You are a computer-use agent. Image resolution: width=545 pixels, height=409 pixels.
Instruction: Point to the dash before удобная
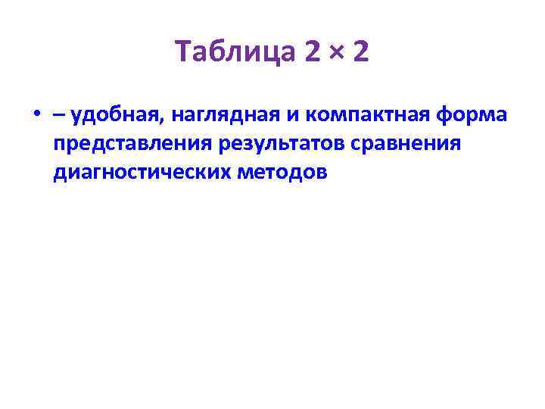coord(59,117)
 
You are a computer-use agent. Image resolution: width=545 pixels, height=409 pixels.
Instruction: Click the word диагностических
coord(141,173)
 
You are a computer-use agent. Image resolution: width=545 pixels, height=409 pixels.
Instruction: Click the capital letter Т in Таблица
coord(182,53)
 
